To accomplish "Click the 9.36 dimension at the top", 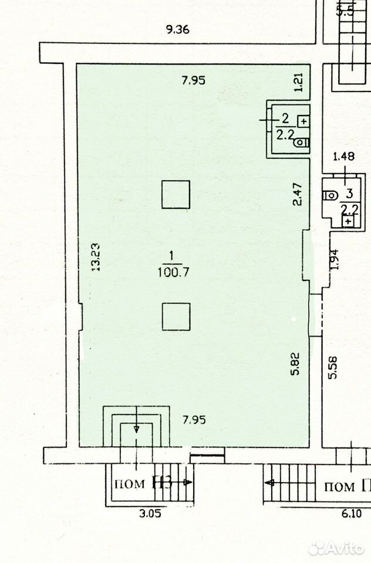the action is (178, 29).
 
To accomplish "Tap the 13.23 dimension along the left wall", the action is (96, 257).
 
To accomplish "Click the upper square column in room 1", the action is (176, 195).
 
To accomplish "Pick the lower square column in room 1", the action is (176, 317).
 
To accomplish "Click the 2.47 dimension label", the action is (298, 194).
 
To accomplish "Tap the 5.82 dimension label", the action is (295, 364).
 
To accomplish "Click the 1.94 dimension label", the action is (335, 259).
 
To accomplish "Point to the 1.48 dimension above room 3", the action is (343, 156).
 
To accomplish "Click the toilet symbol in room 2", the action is (302, 143).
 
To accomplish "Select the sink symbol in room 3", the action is (348, 221).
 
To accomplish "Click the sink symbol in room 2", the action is (304, 121).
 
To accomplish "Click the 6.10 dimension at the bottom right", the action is (351, 514).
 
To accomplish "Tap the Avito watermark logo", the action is (336, 548).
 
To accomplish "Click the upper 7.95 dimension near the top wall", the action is (193, 80).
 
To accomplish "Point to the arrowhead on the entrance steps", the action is (137, 429).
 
